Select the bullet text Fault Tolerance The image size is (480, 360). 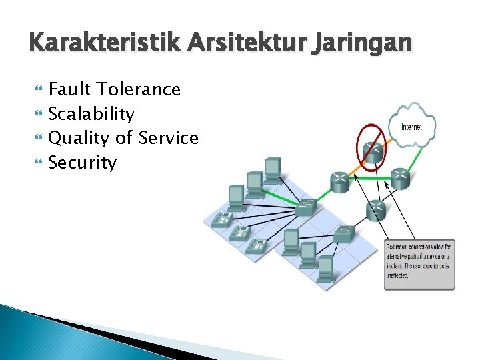point(115,89)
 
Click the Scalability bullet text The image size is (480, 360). point(92,114)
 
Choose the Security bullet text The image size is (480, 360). point(83,163)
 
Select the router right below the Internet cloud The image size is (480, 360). point(399,176)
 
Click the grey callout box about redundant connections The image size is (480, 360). point(419,264)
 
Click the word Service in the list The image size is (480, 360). point(168,138)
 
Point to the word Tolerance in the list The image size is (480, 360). point(139,89)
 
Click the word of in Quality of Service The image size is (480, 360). point(124,138)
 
